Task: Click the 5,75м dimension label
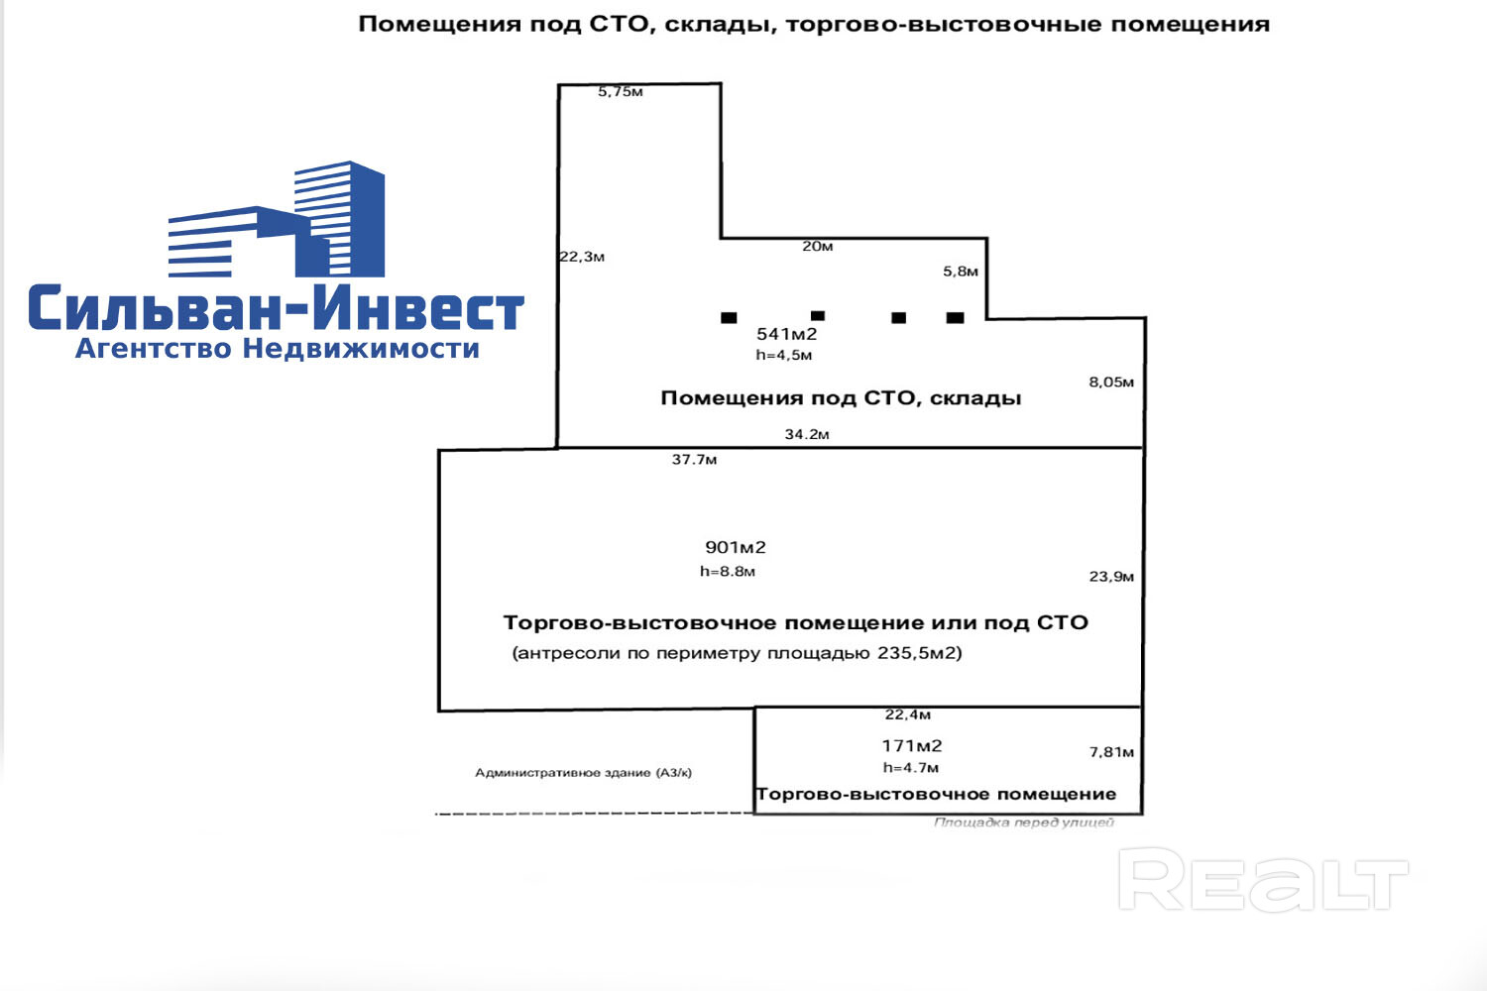[620, 91]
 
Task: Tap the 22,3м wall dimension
[582, 257]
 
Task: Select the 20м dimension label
[817, 246]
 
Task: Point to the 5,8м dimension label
[961, 271]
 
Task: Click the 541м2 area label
[787, 334]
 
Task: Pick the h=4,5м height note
[783, 355]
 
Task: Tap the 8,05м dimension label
[1111, 382]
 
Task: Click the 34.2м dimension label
[807, 434]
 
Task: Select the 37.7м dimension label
[694, 459]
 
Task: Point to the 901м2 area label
[736, 548]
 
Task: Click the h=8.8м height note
[728, 572]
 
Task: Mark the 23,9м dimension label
[1111, 576]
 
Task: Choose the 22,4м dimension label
[907, 715]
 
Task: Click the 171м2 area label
[912, 746]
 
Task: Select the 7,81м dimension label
[1111, 752]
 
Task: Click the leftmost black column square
[729, 318]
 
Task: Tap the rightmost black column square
[956, 318]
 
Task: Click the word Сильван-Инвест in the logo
[277, 308]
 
